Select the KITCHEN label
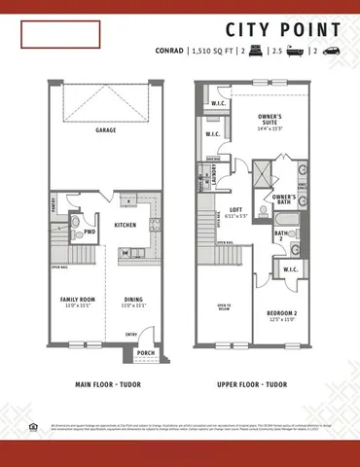coord(125,225)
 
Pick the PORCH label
coord(145,353)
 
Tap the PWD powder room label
coord(90,233)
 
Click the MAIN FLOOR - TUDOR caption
coord(105,384)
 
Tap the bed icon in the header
coord(258,50)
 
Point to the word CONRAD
coord(169,50)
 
